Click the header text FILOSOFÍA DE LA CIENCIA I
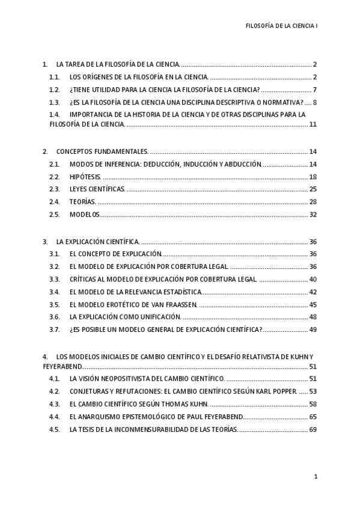click(282, 26)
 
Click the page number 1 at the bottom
click(316, 476)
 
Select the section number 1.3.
click(54, 102)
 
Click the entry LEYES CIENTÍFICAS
click(97, 189)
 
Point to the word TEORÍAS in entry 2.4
click(82, 201)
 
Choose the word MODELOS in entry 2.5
click(84, 214)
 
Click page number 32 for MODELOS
click(313, 214)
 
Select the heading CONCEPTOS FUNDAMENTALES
click(102, 152)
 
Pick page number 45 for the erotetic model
click(313, 304)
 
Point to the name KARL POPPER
click(276, 392)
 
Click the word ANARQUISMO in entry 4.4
click(104, 417)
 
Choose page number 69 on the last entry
click(313, 429)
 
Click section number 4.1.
click(54, 379)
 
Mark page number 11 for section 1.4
click(313, 124)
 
